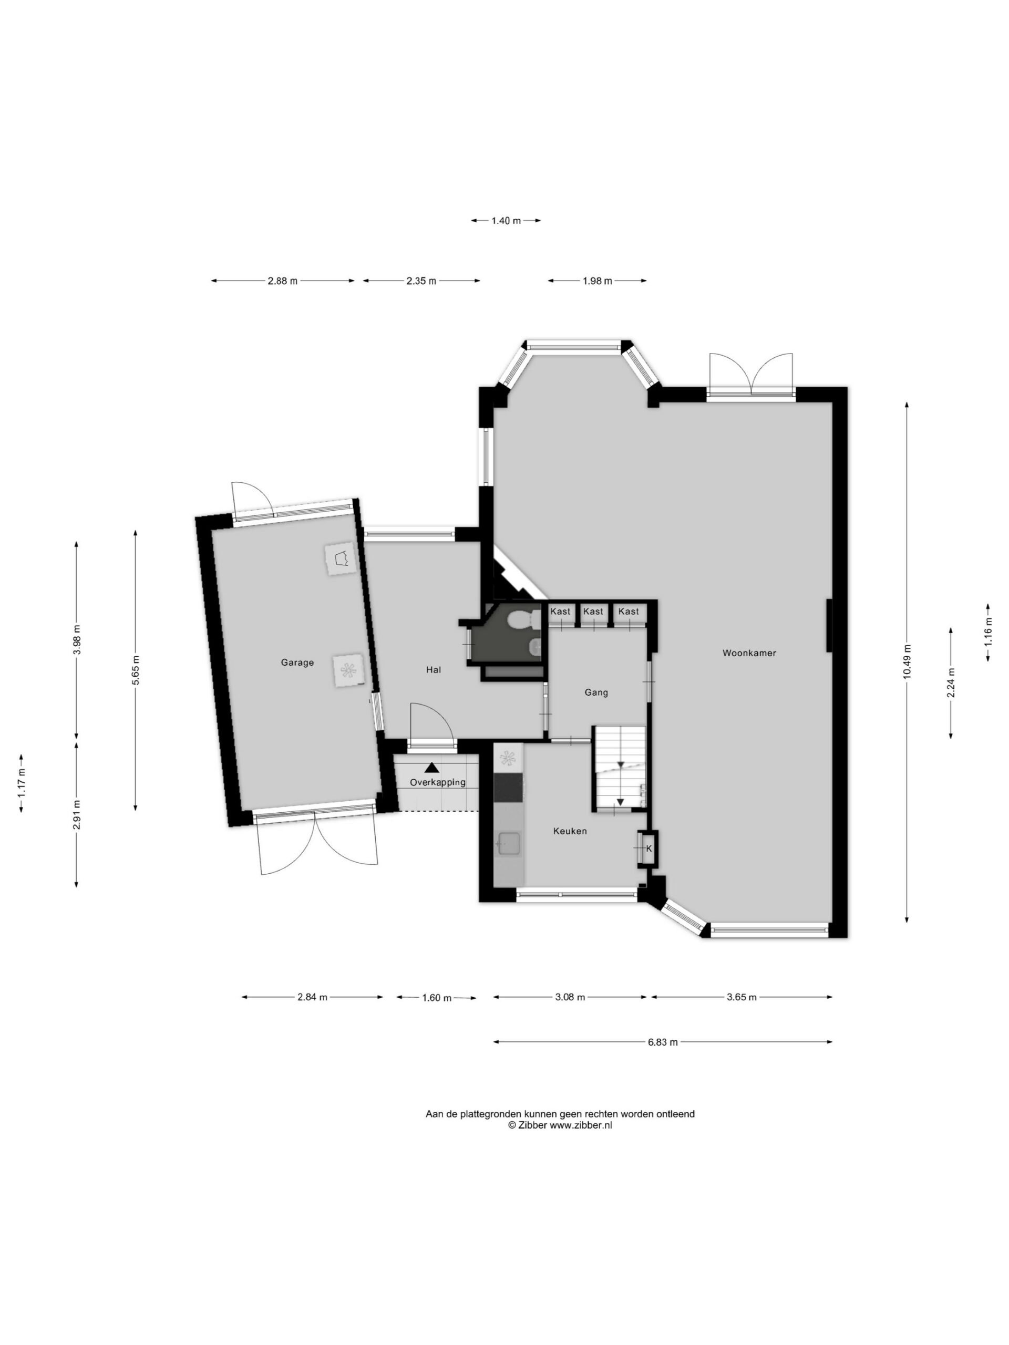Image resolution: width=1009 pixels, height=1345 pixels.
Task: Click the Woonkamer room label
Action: click(x=749, y=653)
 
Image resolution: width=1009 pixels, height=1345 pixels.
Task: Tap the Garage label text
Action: click(x=297, y=662)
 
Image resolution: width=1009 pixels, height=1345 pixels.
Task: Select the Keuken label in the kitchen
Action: click(x=570, y=831)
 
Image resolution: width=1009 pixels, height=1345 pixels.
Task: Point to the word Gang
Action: click(x=596, y=692)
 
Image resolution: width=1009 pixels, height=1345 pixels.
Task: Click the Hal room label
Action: click(x=433, y=669)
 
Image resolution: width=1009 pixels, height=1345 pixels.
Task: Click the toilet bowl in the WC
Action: click(x=521, y=619)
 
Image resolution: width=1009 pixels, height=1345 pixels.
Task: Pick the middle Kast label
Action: click(x=593, y=611)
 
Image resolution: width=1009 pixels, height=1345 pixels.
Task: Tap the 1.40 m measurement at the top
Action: click(x=506, y=221)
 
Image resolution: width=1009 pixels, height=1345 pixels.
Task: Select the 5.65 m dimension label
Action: click(x=135, y=670)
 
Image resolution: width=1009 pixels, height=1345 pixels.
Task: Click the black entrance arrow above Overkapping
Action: click(x=431, y=768)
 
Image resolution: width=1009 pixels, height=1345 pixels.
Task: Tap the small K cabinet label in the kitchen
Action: click(x=648, y=848)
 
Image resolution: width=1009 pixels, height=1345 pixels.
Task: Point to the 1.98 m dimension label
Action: click(x=597, y=281)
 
